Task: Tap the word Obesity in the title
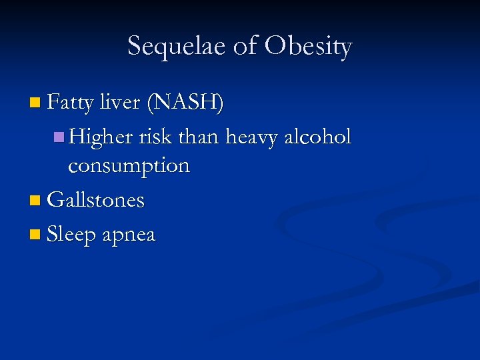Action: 307,47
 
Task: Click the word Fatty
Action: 71,103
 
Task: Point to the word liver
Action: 119,103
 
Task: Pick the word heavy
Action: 253,138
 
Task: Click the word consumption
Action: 129,166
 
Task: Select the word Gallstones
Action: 96,200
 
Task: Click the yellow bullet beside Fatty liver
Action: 35,103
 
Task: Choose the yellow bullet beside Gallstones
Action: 35,200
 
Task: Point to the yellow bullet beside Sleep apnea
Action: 35,235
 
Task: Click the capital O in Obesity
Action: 276,46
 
